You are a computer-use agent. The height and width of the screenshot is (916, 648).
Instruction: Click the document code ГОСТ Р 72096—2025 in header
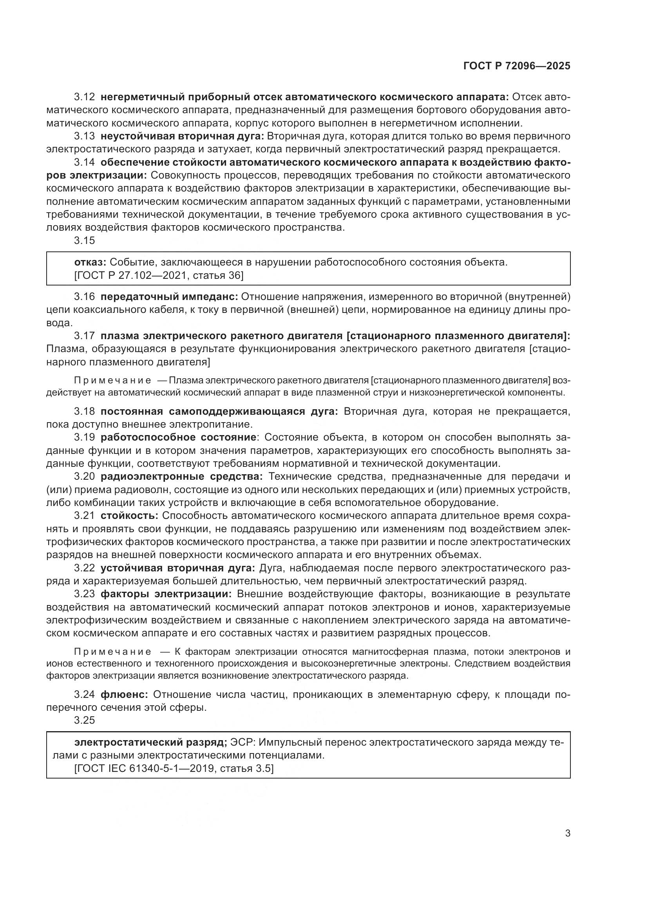(x=517, y=66)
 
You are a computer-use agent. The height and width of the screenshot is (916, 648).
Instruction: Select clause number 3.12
(x=84, y=97)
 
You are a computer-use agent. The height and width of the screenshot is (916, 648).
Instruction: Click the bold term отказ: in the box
(x=90, y=262)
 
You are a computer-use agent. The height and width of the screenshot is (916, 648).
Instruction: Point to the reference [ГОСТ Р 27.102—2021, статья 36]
(x=158, y=275)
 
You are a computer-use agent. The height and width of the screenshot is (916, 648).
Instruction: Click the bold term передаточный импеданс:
(x=169, y=296)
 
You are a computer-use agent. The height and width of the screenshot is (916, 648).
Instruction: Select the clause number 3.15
(x=84, y=240)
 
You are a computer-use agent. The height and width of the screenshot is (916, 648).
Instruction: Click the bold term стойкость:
(x=129, y=515)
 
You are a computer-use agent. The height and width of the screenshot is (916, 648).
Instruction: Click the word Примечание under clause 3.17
(x=112, y=381)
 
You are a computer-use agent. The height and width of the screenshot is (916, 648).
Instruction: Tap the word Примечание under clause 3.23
(x=112, y=652)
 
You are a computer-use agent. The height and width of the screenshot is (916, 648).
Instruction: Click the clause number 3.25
(x=84, y=720)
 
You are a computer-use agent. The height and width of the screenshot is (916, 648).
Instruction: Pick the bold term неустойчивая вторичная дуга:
(x=182, y=136)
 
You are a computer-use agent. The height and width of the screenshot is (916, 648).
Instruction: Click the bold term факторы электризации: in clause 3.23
(x=166, y=594)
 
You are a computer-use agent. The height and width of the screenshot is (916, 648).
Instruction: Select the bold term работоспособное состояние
(x=178, y=437)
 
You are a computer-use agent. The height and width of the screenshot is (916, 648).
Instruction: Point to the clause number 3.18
(x=84, y=411)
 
